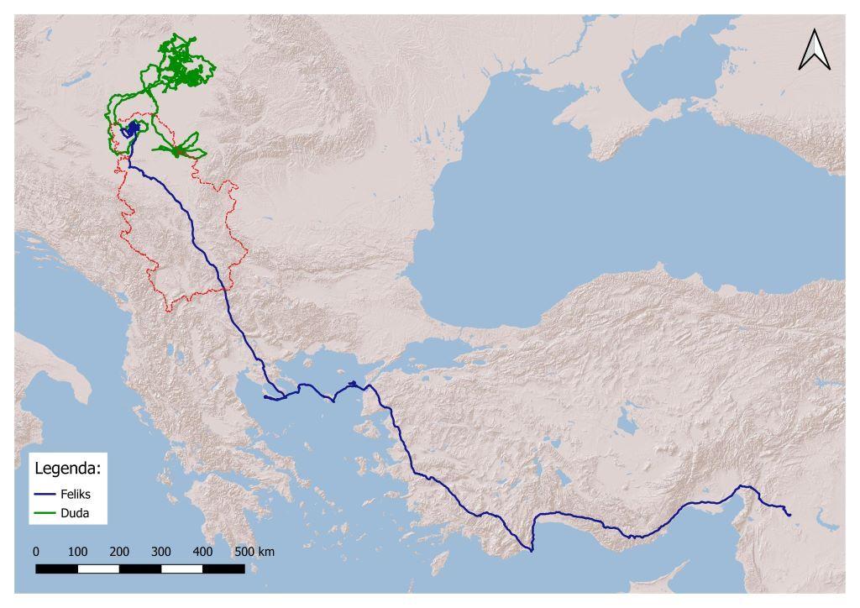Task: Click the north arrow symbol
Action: pos(814,50)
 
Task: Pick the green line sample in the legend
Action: pos(45,512)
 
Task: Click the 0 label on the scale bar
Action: pos(35,552)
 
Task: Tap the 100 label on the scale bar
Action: pos(77,552)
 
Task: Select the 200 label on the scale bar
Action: pos(119,552)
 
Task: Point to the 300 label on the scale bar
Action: pos(161,552)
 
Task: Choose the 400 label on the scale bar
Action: pos(202,552)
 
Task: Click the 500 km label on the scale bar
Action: pos(254,552)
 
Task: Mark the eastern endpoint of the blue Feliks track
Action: pos(790,514)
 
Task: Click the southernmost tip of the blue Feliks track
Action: pos(532,551)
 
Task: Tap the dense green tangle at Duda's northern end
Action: pos(183,67)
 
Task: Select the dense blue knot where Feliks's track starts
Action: pos(131,129)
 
